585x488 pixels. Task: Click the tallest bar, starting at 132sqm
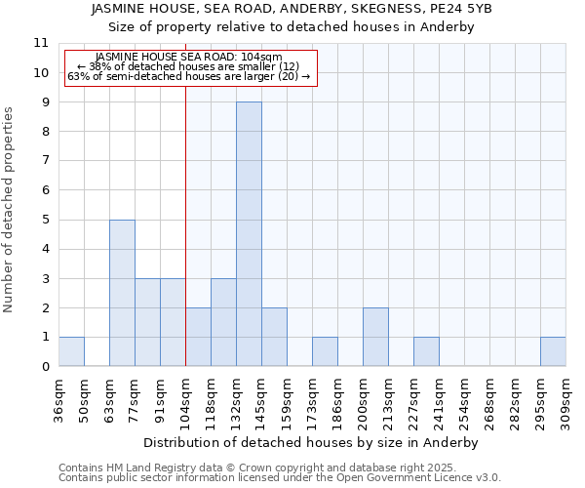249,234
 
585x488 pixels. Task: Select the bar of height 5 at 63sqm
122,293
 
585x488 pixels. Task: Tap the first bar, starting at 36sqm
71,351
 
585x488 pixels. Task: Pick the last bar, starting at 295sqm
553,351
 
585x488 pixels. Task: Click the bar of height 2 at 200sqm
375,337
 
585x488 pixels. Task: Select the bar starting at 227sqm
426,351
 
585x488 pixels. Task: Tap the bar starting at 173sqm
325,351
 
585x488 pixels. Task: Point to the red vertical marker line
185,244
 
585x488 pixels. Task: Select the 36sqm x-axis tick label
58,401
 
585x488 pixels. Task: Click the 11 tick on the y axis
41,43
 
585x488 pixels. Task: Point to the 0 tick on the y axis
45,367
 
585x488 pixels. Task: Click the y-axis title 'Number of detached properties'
9,210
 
